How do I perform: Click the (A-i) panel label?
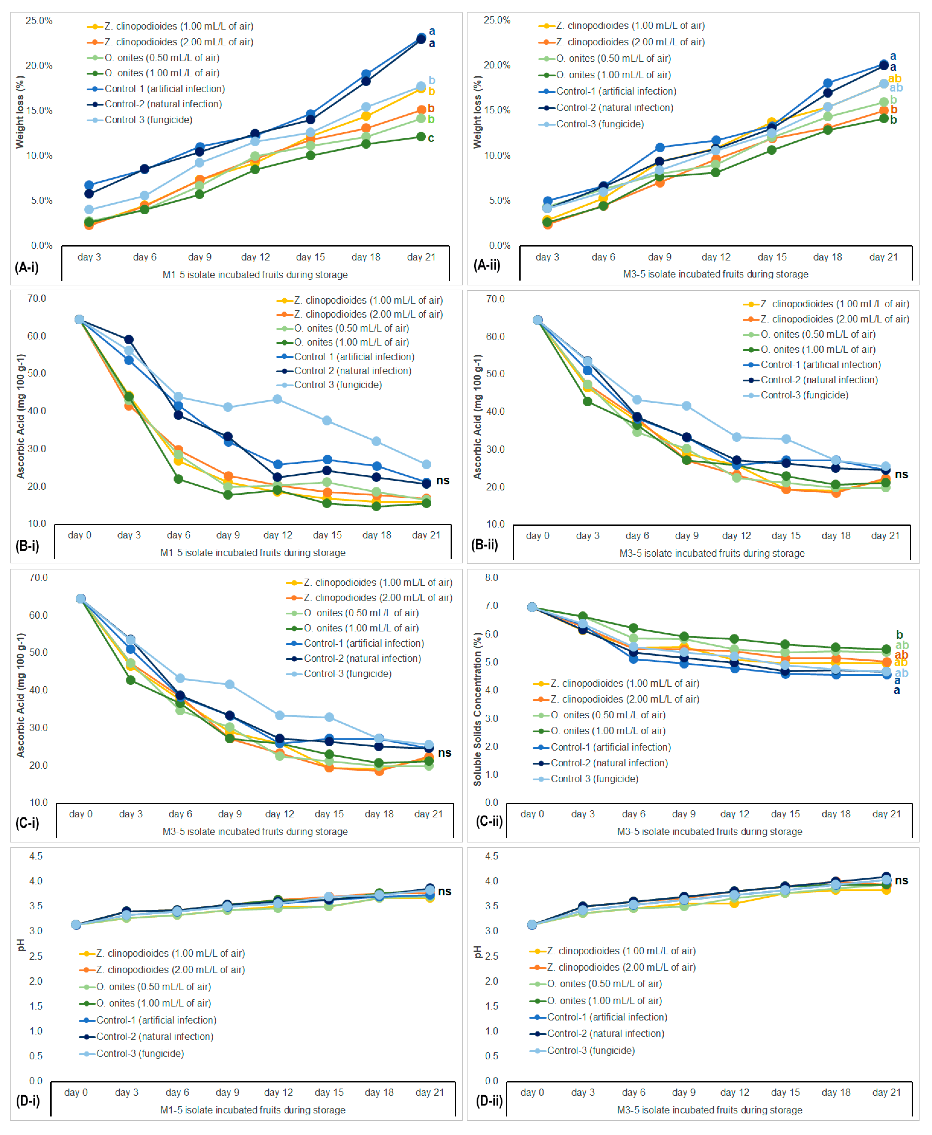[x=27, y=267]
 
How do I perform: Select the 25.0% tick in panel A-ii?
[x=497, y=20]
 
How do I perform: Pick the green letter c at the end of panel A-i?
[x=431, y=138]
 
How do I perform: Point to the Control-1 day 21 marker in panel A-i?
[x=421, y=38]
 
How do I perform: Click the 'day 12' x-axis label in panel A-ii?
[x=716, y=257]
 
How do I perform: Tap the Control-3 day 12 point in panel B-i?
[x=277, y=399]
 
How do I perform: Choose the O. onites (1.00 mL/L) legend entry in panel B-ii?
[x=818, y=349]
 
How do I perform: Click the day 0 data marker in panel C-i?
[x=81, y=599]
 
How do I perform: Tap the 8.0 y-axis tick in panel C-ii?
[x=491, y=578]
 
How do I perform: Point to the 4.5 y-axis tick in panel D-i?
[x=36, y=856]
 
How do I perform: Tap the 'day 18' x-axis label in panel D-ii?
[x=836, y=1092]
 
